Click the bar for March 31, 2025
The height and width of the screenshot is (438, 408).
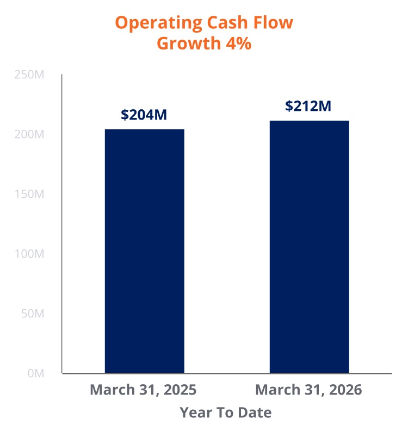tap(144, 251)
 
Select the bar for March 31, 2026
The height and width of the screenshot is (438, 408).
tap(310, 247)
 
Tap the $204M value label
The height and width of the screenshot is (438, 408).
tap(144, 115)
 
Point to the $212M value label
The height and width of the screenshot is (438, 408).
tap(308, 106)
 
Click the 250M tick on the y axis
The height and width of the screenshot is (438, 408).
tap(29, 75)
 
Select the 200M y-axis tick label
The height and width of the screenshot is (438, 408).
tap(29, 135)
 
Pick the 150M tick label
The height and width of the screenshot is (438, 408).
tap(29, 195)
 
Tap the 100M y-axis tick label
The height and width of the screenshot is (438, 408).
tap(29, 254)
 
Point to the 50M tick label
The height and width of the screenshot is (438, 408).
tap(33, 314)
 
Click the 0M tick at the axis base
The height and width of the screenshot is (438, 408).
tap(36, 373)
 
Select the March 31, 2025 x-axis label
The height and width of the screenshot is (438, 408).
tap(143, 390)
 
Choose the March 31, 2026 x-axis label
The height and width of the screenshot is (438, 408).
tap(309, 390)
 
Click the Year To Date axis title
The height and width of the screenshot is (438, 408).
tap(226, 412)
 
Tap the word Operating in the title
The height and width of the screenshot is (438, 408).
tap(158, 23)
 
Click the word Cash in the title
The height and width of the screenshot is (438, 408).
tap(227, 22)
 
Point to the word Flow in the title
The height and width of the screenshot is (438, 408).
tap(273, 22)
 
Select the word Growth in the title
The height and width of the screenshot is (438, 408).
tap(189, 43)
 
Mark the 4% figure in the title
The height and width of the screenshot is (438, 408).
tap(238, 43)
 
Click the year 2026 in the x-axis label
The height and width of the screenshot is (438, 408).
tap(345, 390)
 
